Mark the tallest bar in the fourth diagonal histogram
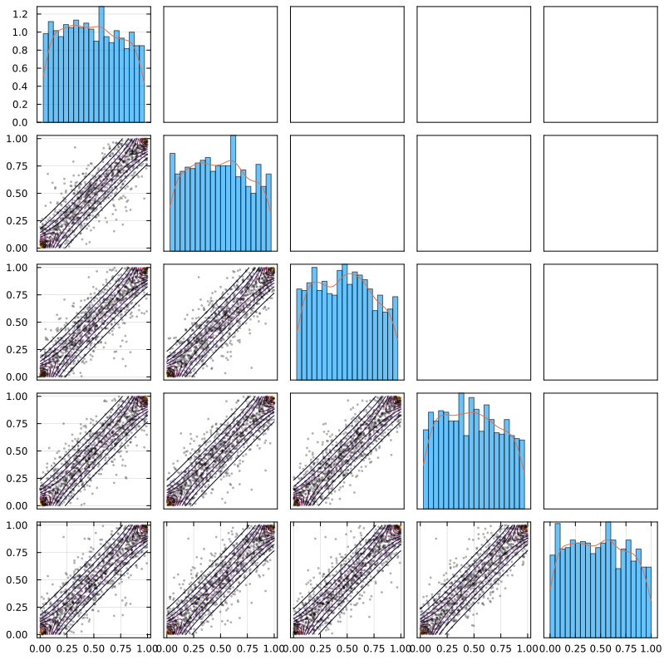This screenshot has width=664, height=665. pos(461,450)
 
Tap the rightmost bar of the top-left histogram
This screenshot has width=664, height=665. pos(142,83)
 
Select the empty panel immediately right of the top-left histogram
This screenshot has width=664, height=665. pos(220,64)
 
